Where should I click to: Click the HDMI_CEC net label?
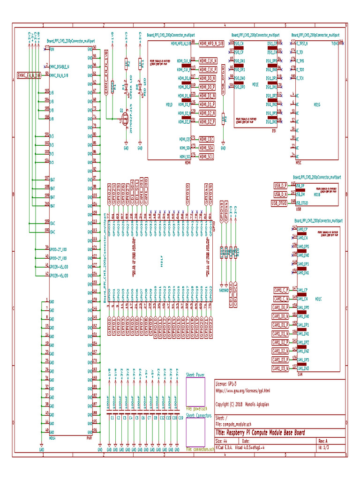206,139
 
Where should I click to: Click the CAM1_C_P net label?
281,290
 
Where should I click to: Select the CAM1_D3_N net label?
281,368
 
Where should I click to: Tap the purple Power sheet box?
196,391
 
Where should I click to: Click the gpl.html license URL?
242,390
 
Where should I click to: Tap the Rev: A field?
323,441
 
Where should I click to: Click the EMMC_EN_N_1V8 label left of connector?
29,75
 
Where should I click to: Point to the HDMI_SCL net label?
206,156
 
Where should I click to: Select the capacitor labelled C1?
112,417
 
